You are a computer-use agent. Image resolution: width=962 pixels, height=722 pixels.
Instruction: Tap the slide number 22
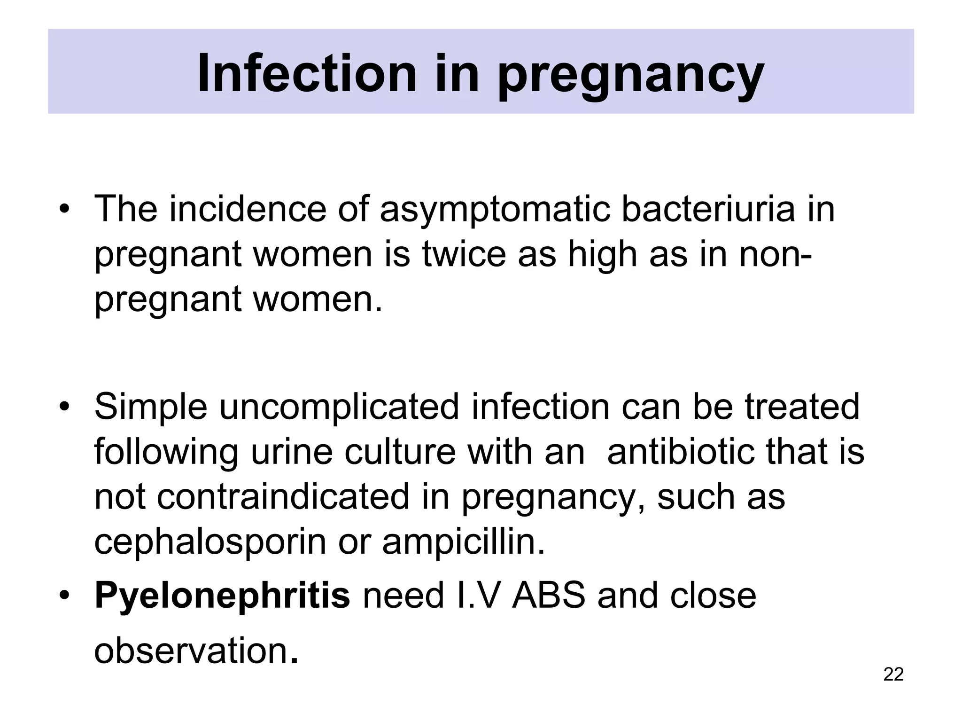[x=893, y=675]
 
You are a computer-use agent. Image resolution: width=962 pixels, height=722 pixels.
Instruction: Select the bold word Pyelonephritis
[x=222, y=596]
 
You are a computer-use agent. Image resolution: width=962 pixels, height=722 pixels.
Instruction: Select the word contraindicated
[x=283, y=497]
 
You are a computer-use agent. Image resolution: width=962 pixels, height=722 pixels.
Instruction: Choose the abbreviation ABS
[x=549, y=596]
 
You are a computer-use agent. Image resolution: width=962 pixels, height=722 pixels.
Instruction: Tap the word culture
[x=400, y=452]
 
